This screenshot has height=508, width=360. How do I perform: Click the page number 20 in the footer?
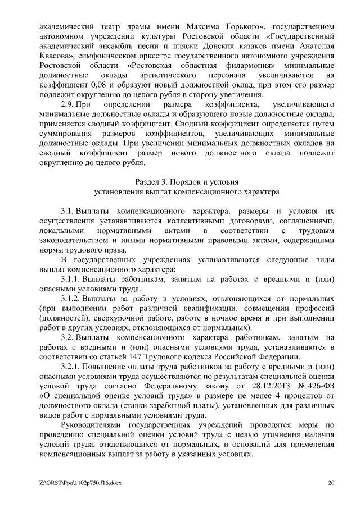(331, 482)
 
